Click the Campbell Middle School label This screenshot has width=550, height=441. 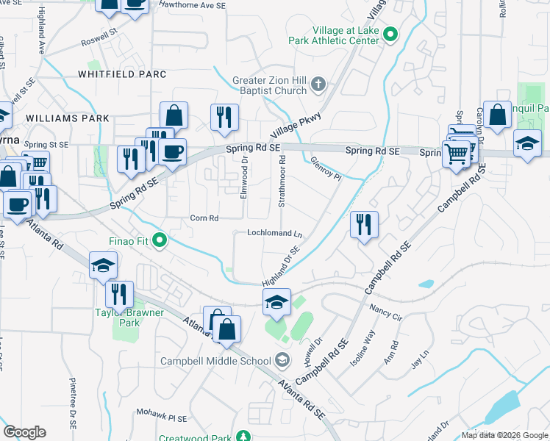[215, 361]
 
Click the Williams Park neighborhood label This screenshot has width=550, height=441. [67, 118]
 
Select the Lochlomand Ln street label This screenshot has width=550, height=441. [275, 233]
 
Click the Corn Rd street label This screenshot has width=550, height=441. [204, 218]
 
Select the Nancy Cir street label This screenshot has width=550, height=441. [386, 312]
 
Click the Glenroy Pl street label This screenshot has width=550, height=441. [326, 166]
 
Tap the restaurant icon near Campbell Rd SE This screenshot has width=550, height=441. [364, 224]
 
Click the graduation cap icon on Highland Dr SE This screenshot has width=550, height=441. [276, 303]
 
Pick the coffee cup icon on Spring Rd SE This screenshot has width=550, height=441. [173, 152]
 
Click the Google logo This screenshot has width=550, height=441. [25, 432]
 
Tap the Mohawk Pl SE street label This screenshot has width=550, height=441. [162, 417]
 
